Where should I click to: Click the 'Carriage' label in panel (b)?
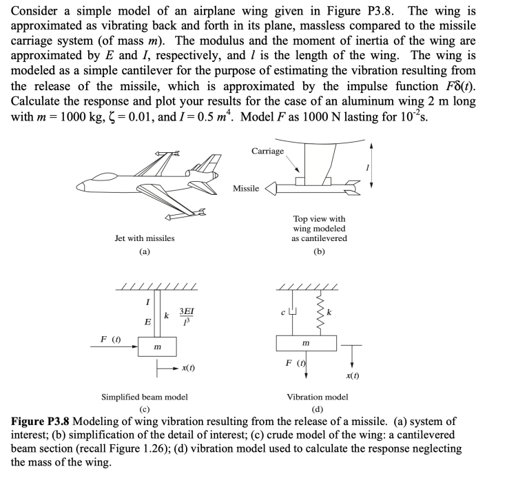[x=268, y=151]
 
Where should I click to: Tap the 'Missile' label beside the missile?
[x=246, y=188]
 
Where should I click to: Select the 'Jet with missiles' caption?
[x=145, y=238]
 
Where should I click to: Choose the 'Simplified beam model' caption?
[x=145, y=397]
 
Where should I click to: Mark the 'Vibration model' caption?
[x=318, y=397]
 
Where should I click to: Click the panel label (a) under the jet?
[x=145, y=252]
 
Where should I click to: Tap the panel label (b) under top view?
[x=320, y=252]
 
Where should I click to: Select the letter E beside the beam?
[x=145, y=322]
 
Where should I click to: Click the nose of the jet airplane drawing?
[x=81, y=185]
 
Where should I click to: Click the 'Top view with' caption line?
[x=320, y=219]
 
